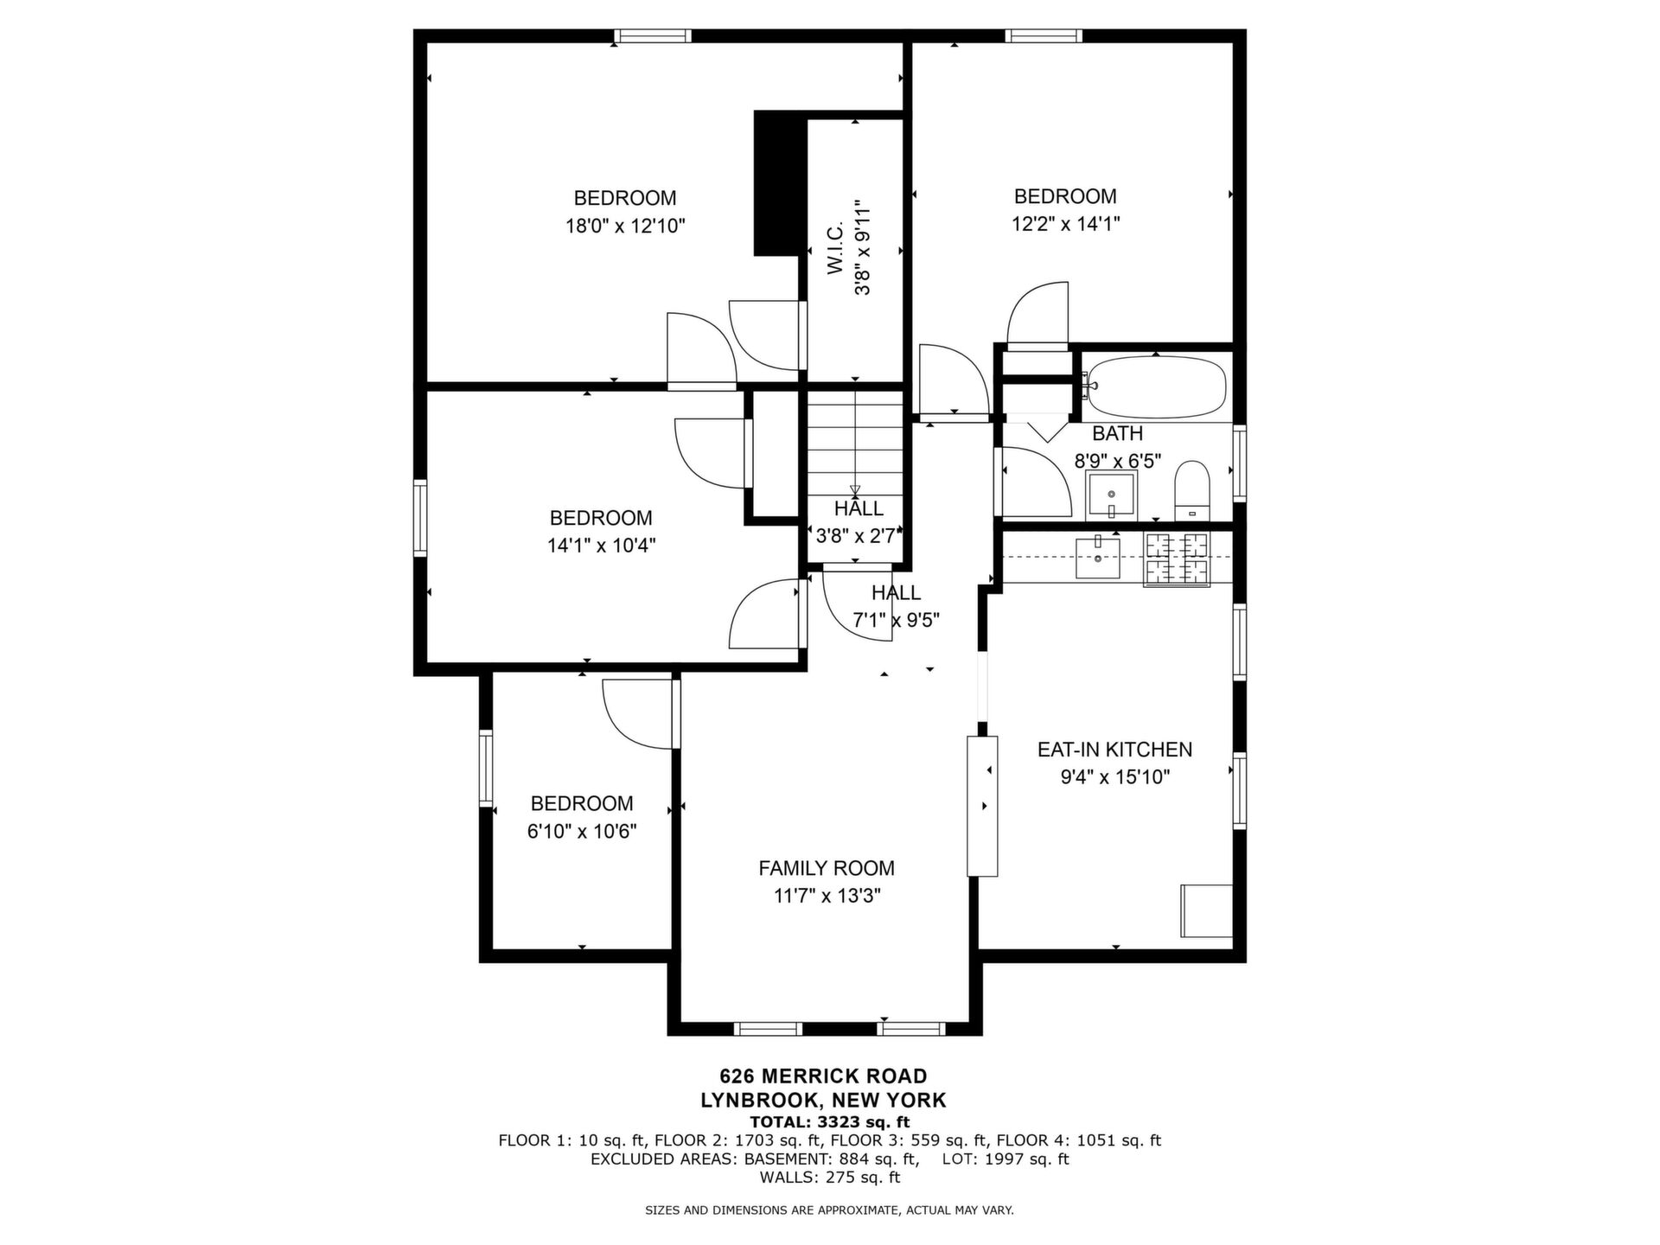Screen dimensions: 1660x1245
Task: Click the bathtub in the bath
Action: coord(1156,386)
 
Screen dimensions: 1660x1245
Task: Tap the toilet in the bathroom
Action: coord(1192,490)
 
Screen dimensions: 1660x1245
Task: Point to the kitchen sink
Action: coord(1098,558)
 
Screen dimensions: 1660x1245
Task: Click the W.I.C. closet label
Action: coord(835,250)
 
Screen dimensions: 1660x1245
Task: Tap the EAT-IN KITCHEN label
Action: coord(1114,750)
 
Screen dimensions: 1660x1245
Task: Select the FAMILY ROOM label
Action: coord(827,868)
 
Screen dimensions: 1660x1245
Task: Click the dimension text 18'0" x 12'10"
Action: coord(625,227)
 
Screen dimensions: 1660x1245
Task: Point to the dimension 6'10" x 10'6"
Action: coord(582,832)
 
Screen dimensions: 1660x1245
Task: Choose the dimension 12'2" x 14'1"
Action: coord(1066,224)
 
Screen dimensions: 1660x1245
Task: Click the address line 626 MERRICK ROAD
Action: coord(823,1076)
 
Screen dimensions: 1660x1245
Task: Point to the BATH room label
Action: coord(1117,433)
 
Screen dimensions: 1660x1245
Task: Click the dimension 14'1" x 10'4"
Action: coord(601,546)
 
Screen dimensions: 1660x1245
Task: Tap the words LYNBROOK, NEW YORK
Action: coord(823,1101)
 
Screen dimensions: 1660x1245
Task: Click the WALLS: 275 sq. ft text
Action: coord(829,1178)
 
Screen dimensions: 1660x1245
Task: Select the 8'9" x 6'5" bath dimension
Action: coord(1117,461)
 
